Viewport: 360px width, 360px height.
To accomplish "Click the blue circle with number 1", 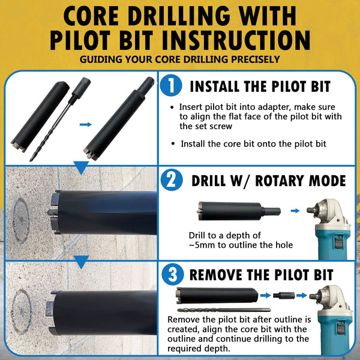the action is point(171,85).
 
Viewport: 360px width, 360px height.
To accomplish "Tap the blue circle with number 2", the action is point(172,180).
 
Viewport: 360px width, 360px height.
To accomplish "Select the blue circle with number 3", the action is point(173,274).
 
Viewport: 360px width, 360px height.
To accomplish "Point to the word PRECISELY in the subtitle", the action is point(256,59).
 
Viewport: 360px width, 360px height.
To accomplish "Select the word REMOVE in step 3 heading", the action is point(215,275).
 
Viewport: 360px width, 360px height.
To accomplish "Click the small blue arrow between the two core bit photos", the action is point(86,124).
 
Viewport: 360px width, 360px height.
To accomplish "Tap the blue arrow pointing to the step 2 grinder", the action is point(295,211).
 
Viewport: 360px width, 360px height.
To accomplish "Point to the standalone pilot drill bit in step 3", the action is point(224,310).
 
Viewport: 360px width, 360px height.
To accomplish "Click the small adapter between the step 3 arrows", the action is point(284,295).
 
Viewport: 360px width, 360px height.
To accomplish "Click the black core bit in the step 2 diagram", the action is point(239,211).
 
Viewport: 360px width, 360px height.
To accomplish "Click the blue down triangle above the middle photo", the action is point(81,167).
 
